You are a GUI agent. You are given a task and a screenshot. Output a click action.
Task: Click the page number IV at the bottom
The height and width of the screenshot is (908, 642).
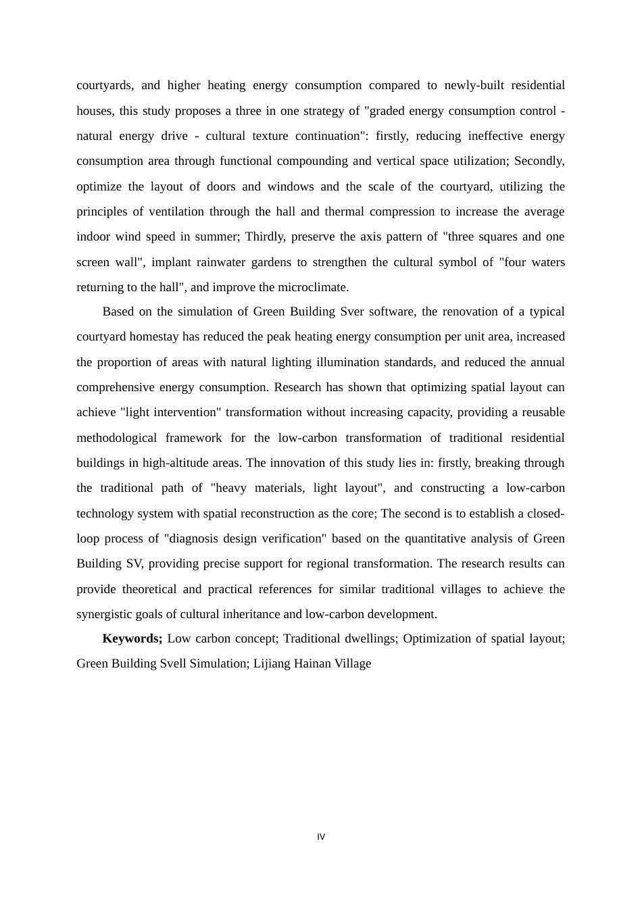(x=321, y=837)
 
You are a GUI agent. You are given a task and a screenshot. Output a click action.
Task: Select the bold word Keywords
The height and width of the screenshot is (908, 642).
(x=132, y=638)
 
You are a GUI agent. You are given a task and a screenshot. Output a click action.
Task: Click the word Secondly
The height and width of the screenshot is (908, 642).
(x=539, y=161)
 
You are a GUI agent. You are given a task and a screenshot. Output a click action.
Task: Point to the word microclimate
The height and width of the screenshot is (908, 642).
(x=316, y=287)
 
